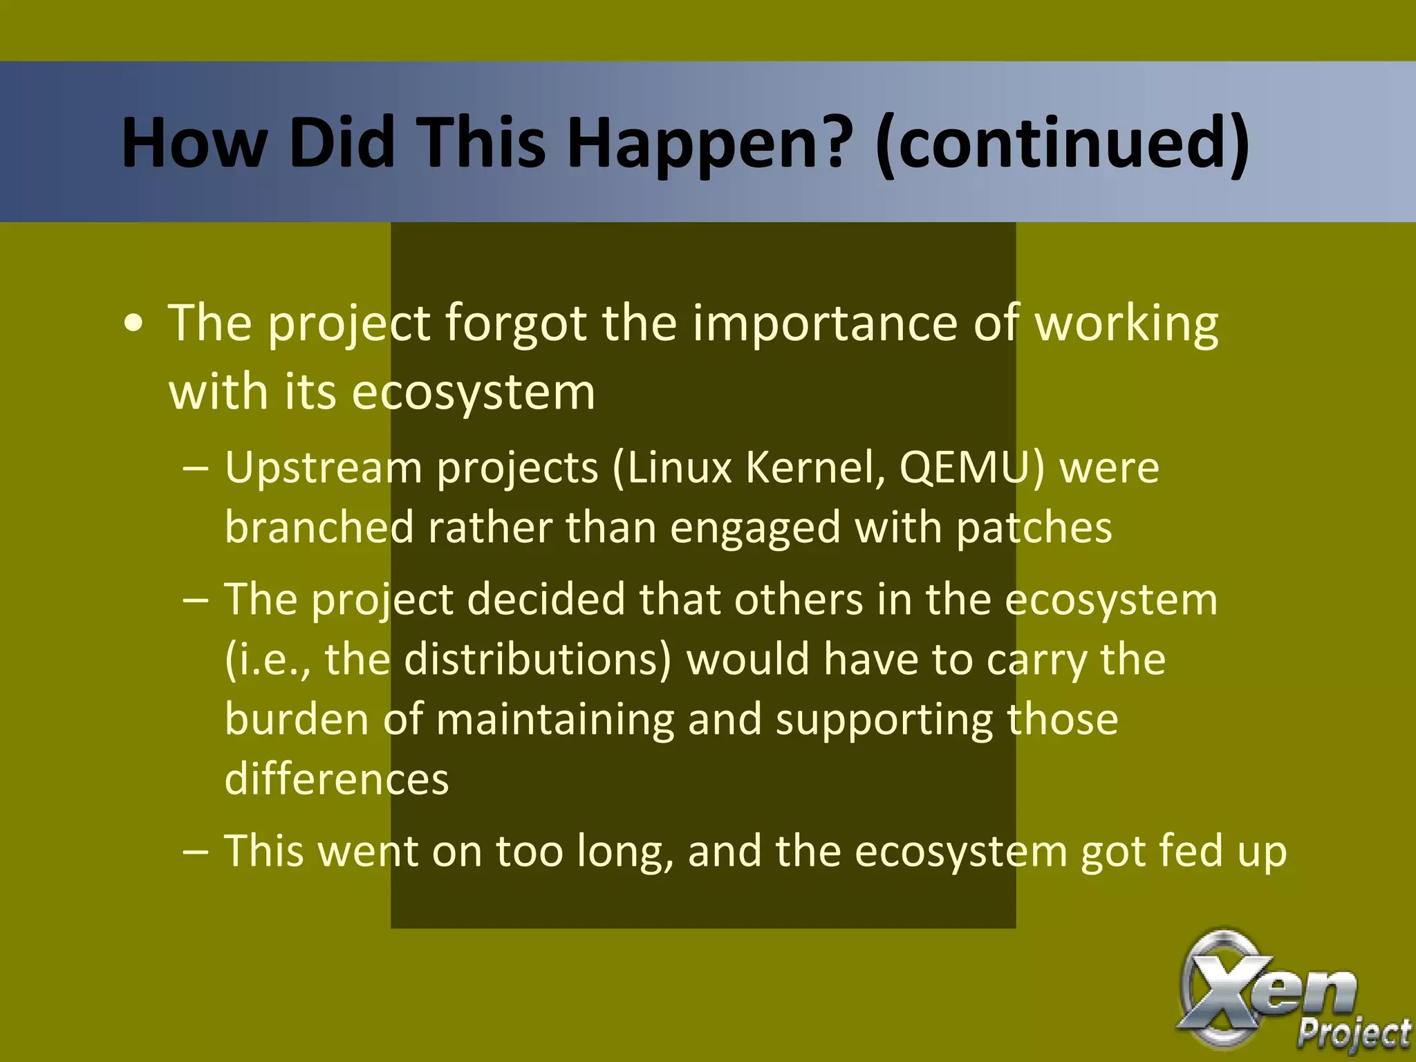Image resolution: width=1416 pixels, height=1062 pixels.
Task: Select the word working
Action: tap(1126, 323)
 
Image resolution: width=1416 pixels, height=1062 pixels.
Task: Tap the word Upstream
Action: tap(323, 468)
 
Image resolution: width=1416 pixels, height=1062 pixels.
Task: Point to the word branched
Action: tap(319, 528)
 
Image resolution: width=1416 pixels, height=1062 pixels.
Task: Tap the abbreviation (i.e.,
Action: tap(268, 659)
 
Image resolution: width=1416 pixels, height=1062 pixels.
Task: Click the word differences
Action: tap(337, 779)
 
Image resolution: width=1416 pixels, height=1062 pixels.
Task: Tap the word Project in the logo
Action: tap(1354, 1034)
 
